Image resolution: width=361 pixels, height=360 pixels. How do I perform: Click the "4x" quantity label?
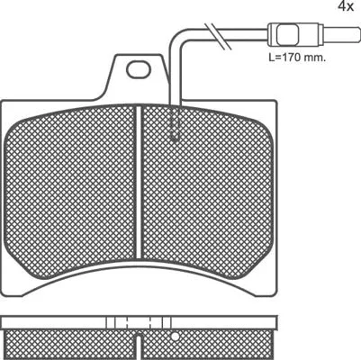pyautogui.click(x=345, y=7)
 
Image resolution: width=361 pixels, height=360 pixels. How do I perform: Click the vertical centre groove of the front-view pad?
pyautogui.click(x=138, y=180)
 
